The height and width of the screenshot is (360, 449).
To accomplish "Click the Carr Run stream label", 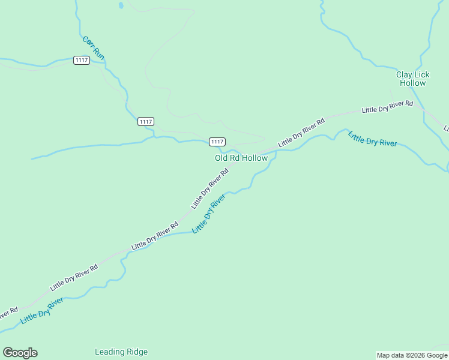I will pos(94,48).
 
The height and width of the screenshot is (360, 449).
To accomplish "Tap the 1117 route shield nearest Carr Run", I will pos(82,60).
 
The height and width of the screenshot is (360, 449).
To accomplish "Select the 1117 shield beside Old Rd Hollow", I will pos(217,142).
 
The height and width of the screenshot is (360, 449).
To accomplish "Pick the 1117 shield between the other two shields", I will pos(145,122).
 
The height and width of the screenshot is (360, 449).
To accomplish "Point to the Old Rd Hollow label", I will pos(241,158).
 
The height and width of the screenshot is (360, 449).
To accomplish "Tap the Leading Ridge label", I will pos(121,352).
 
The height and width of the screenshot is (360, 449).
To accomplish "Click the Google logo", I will pos(20,353).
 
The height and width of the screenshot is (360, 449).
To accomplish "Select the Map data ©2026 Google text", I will pos(412,355).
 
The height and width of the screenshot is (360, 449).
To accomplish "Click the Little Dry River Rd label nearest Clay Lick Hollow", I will pos(388,107).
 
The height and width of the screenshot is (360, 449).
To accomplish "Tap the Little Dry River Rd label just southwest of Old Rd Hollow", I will pos(210,188).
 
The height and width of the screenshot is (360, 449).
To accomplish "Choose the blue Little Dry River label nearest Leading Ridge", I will pos(42,311).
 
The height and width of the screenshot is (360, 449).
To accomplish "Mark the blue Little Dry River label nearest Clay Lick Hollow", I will pos(372,138).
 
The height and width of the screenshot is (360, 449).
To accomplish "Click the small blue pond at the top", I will pos(121,5).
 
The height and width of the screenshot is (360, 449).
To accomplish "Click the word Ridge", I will pos(136,352).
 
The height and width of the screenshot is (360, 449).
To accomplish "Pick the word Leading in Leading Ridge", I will pos(109,352).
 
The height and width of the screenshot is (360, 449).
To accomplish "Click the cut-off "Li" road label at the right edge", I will pos(446,128).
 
